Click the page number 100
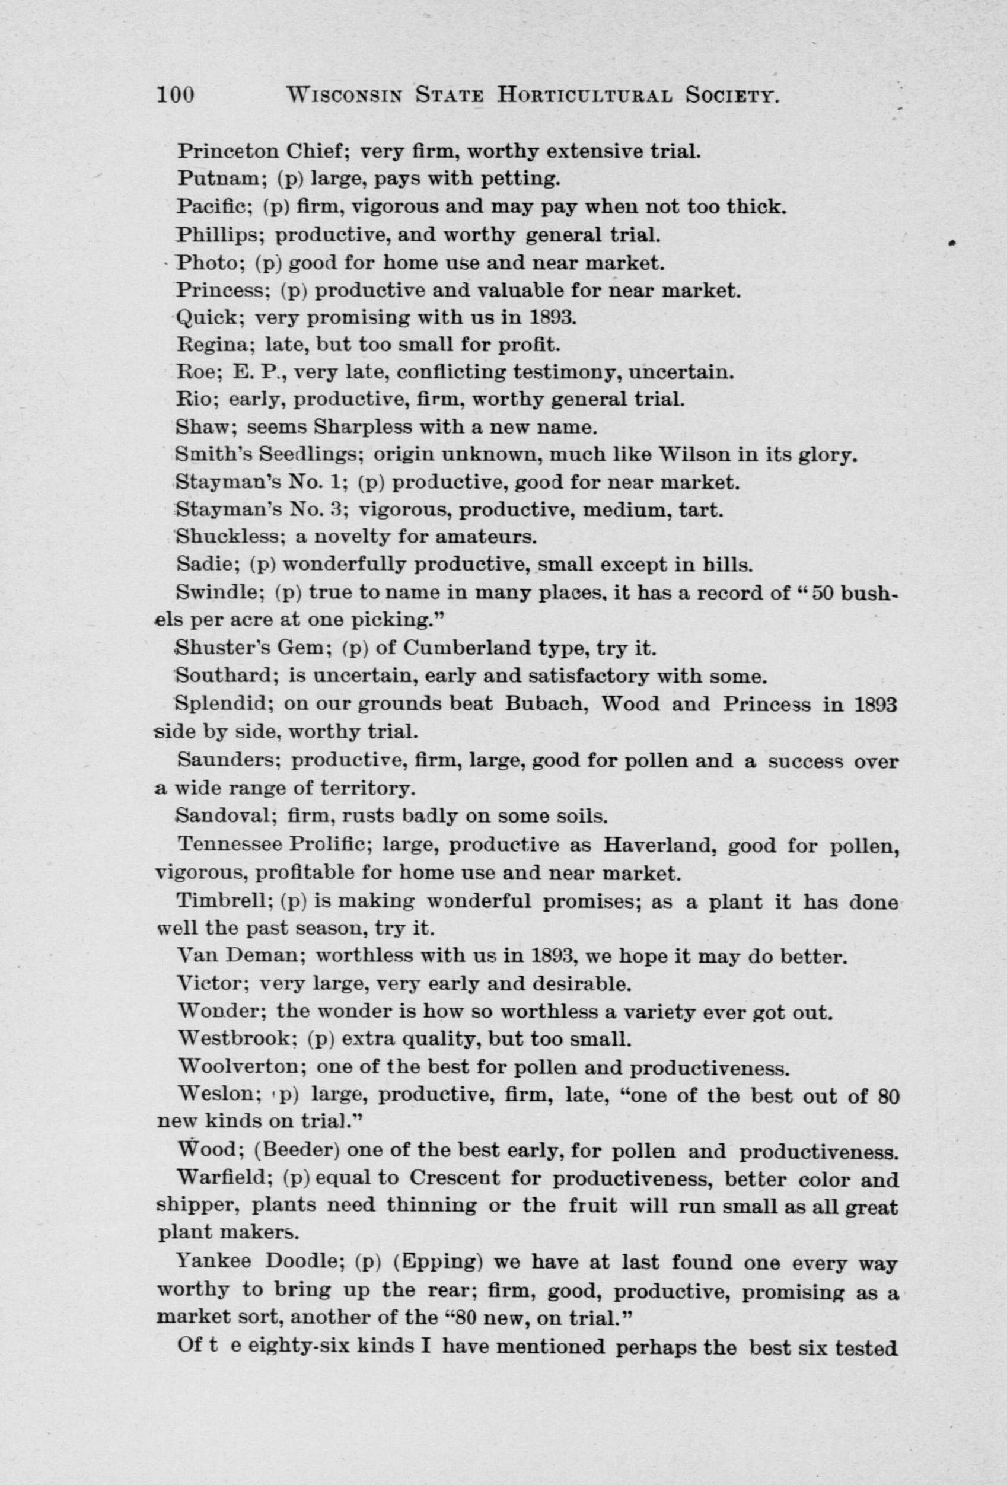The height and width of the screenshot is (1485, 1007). (175, 95)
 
